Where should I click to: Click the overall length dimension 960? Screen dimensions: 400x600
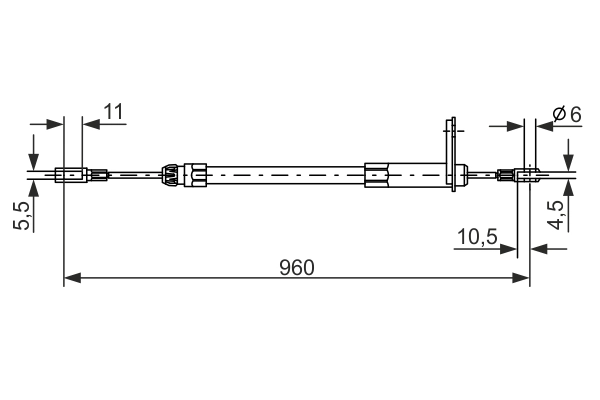[x=296, y=267]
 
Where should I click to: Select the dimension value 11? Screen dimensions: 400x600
[x=113, y=111]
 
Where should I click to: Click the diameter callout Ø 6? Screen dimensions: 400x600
[x=566, y=114]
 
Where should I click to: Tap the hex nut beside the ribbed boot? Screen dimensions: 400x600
[x=195, y=176]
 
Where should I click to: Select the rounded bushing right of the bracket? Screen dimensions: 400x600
[x=464, y=177]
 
